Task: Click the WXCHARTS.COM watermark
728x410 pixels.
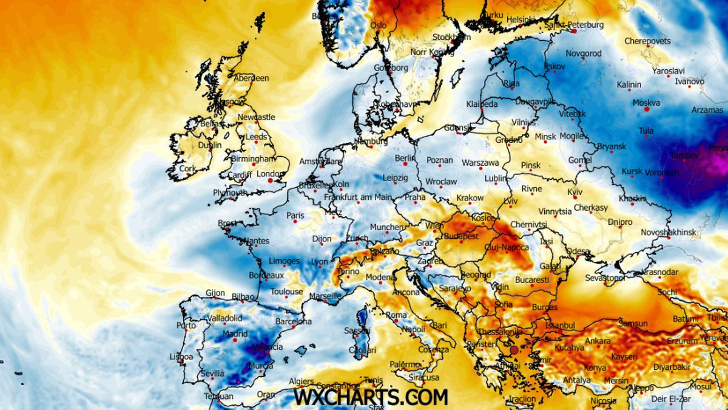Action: coord(371,397)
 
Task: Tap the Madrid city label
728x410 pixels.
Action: coord(235,333)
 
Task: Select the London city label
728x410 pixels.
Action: coord(267,174)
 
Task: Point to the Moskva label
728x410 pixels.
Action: coord(646,103)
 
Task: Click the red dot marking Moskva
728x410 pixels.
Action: coord(647,110)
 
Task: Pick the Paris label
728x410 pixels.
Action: coord(295,215)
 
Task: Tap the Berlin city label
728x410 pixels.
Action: coord(405,158)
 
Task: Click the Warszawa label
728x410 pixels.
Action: coord(480,163)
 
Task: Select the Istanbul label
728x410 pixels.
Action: coord(559,326)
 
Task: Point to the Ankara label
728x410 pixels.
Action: coord(598,341)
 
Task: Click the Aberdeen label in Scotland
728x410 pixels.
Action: coord(251,78)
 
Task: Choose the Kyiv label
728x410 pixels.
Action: coord(575,192)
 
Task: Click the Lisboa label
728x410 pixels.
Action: coord(181,356)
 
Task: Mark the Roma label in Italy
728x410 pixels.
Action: coord(396,315)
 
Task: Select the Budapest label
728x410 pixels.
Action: coord(461,236)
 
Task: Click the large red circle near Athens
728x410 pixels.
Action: coord(514,350)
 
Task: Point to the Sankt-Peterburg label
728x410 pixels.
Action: coord(574,25)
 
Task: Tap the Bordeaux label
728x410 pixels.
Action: coord(266,276)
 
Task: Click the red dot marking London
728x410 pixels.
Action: coord(271,180)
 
